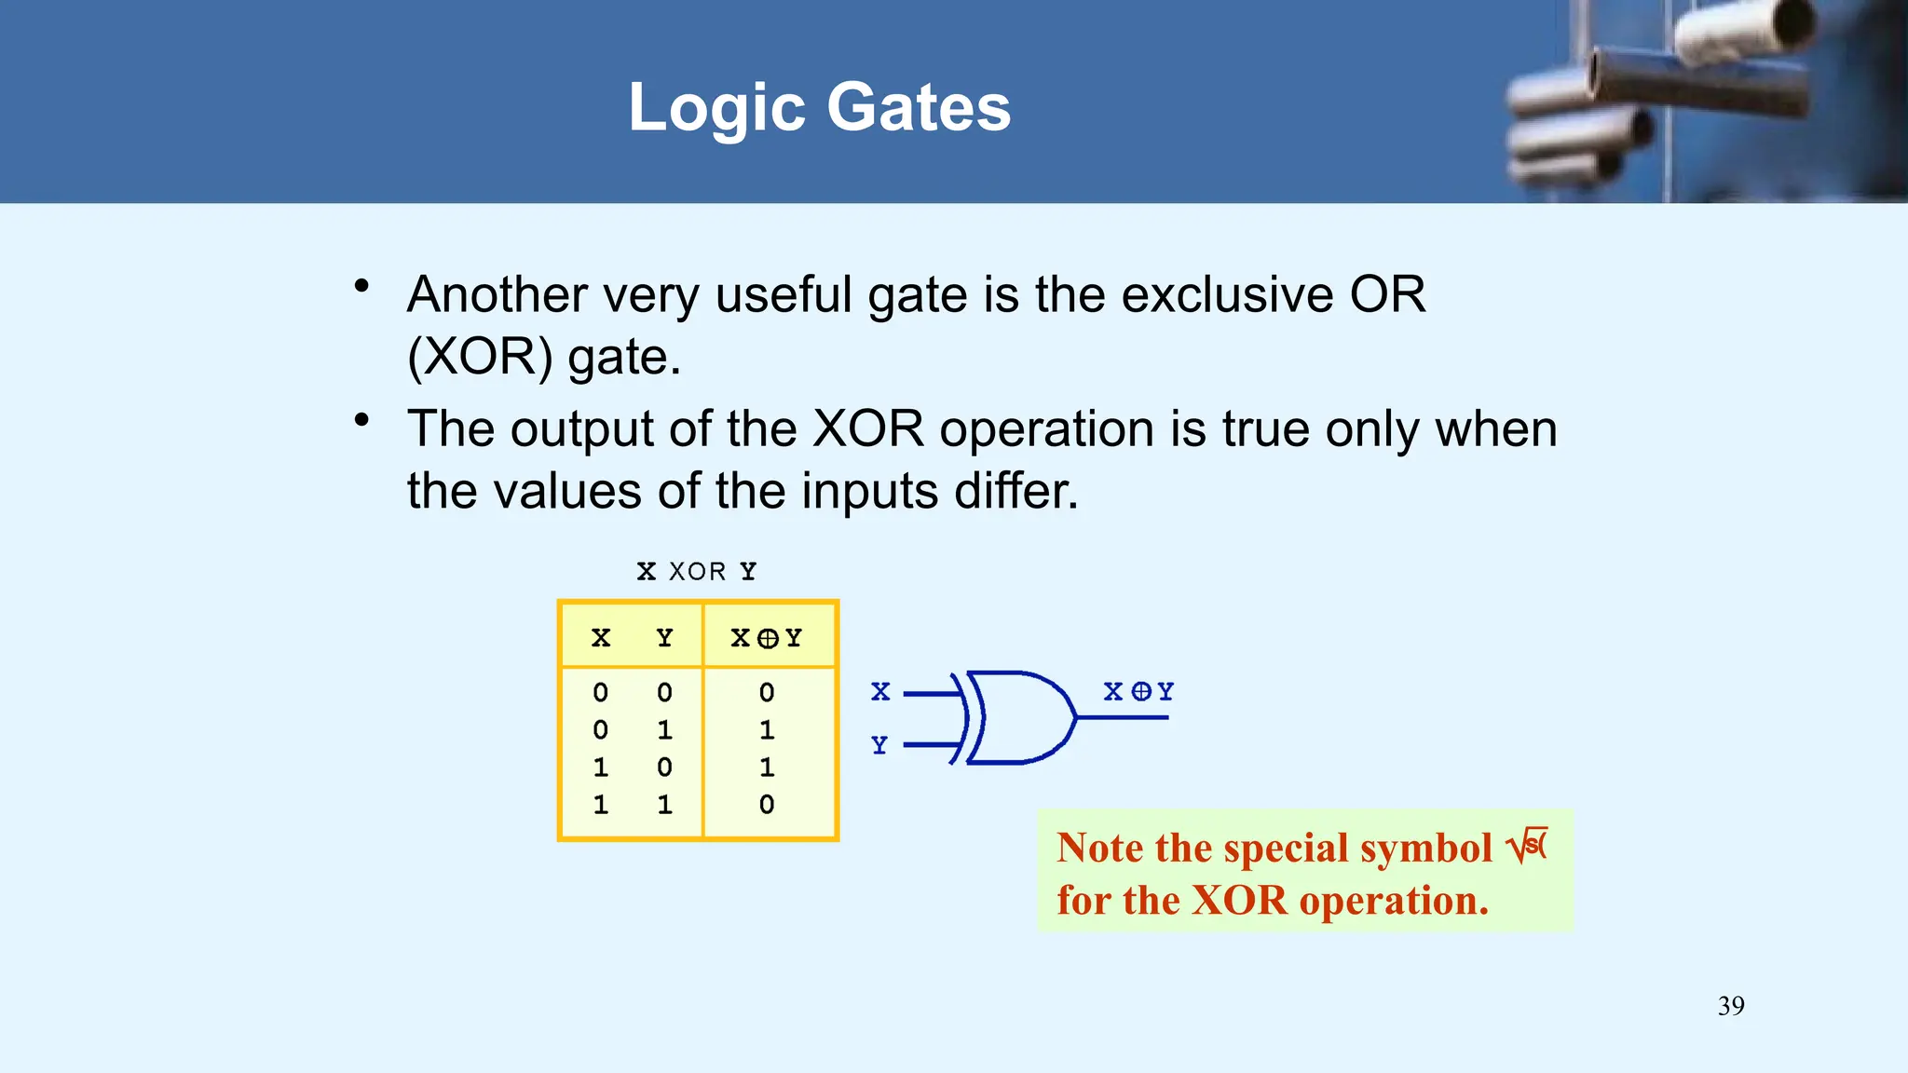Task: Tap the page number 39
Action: pos(1731,1006)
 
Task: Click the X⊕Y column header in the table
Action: pos(767,638)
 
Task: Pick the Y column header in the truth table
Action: pos(664,638)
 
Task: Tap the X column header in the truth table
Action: pos(601,638)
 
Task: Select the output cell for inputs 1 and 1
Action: pos(767,805)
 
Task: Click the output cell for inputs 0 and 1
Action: pos(767,730)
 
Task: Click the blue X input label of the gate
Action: pos(880,692)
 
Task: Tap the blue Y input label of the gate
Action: pos(879,745)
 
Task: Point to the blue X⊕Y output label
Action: pos(1138,692)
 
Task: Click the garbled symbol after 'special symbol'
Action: pos(1527,846)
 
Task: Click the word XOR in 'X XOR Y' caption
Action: pos(697,572)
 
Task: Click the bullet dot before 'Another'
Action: pos(362,286)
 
